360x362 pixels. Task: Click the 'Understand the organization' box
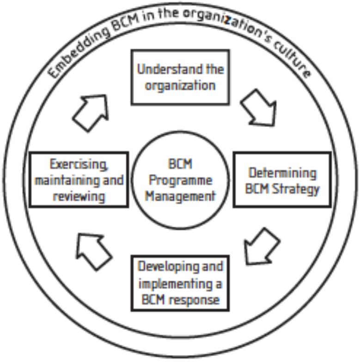[x=180, y=77]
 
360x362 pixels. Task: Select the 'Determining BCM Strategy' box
[x=282, y=180]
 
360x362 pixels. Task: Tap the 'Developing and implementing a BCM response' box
[x=180, y=283]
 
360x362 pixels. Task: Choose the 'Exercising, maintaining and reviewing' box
[x=79, y=180]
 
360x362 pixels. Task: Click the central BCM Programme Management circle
[x=180, y=180]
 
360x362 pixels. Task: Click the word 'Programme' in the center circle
[x=180, y=180]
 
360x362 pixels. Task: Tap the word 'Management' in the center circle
[x=180, y=195]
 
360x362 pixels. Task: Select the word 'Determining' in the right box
[x=282, y=173]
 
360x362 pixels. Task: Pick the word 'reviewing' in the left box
[x=79, y=196]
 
